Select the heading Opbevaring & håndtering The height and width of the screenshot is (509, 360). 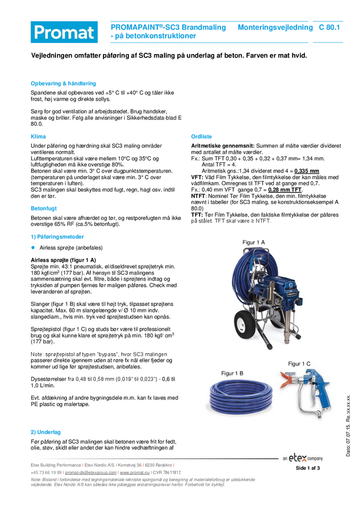63,83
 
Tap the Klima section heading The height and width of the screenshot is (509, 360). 38,136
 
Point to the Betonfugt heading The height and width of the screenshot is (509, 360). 44,208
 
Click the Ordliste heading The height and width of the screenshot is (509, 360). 202,136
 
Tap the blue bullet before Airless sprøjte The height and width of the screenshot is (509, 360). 33,247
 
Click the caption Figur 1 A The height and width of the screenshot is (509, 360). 254,242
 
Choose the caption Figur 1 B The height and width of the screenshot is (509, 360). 232,373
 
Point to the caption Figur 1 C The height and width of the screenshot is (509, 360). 299,363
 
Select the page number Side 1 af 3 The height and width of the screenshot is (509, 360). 308,468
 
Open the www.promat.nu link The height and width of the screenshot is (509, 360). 135,472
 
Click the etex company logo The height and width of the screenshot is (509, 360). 302,458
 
